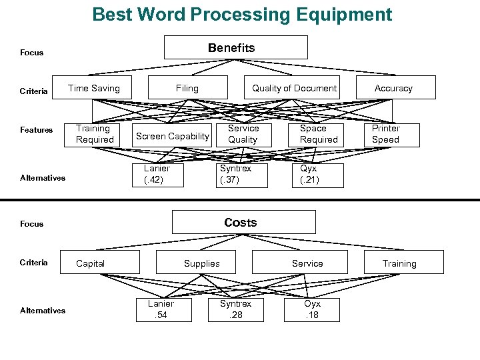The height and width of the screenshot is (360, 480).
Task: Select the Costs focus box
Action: pyautogui.click(x=240, y=222)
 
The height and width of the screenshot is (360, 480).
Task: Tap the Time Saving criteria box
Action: pyautogui.click(x=94, y=88)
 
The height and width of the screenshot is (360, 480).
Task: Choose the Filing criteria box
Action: pyautogui.click(x=187, y=88)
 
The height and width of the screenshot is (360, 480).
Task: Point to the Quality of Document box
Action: pyautogui.click(x=294, y=88)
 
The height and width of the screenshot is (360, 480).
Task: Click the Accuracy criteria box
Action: pyautogui.click(x=393, y=88)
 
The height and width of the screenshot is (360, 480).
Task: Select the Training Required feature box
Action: pyautogui.click(x=94, y=134)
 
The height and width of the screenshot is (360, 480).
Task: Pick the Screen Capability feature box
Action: pyautogui.click(x=172, y=136)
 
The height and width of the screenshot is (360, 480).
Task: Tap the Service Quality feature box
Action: pyautogui.click(x=243, y=134)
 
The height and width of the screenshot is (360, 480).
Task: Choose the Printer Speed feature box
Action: pyautogui.click(x=386, y=134)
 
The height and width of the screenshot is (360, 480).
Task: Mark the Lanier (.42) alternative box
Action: pyautogui.click(x=157, y=174)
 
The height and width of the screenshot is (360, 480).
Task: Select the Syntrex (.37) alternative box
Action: pyautogui.click(x=236, y=174)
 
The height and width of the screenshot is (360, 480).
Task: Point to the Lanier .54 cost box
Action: pyautogui.click(x=161, y=309)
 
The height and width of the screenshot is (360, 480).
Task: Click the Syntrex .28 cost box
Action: pyautogui.click(x=236, y=309)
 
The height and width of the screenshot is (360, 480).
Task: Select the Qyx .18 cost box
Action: pyautogui.click(x=312, y=309)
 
